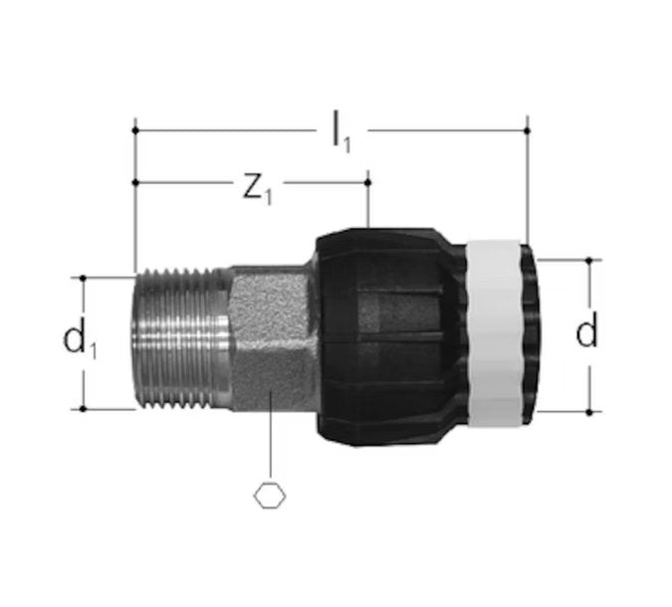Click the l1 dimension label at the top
point(341,132)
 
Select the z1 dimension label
point(257,189)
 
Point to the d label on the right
point(586,329)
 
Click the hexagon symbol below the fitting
point(270,496)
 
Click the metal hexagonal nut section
point(273,338)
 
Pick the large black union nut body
point(390,336)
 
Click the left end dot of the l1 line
point(135,130)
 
